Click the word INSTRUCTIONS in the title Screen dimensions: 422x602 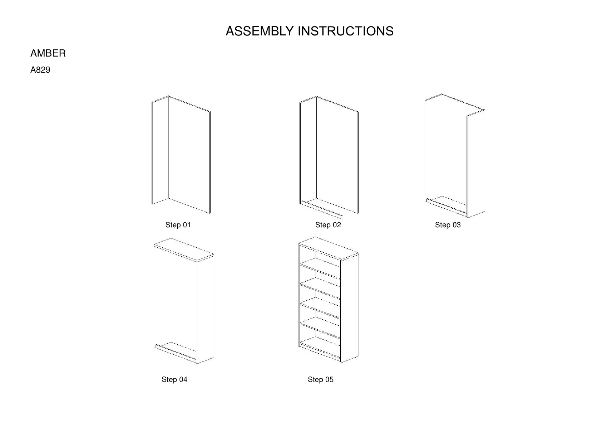click(345, 31)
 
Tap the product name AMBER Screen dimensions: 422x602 click(48, 53)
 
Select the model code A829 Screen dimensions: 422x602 click(40, 70)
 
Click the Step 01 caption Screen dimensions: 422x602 click(178, 225)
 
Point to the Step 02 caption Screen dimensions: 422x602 click(328, 225)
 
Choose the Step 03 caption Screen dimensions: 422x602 click(448, 225)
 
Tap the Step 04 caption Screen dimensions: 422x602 click(174, 379)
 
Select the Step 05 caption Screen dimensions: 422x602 click(320, 379)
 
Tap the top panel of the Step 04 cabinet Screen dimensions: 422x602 click(184, 249)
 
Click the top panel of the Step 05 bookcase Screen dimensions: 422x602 click(328, 248)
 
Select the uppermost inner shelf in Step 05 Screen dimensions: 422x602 click(320, 269)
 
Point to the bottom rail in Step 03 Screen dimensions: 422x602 click(447, 207)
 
